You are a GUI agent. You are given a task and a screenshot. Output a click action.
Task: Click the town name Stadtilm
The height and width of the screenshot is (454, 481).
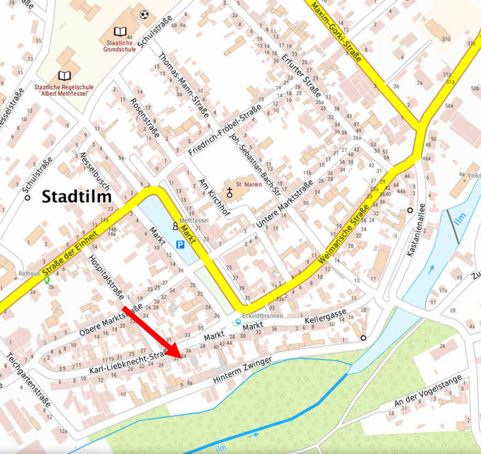coord(77,197)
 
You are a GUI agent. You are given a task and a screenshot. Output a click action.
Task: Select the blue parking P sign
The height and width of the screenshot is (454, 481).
coord(180,245)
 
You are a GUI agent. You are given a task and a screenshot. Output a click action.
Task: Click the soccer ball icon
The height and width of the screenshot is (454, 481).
coord(144,15)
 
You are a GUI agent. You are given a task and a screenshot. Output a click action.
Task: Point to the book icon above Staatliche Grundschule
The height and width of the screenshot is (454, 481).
coord(120,31)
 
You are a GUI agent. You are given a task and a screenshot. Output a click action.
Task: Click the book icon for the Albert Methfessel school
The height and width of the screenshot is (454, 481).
coord(64,76)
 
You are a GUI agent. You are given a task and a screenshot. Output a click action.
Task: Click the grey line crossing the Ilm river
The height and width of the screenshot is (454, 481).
coord(453,227)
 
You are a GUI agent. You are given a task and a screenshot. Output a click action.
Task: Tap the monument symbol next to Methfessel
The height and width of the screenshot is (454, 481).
coord(175,226)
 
